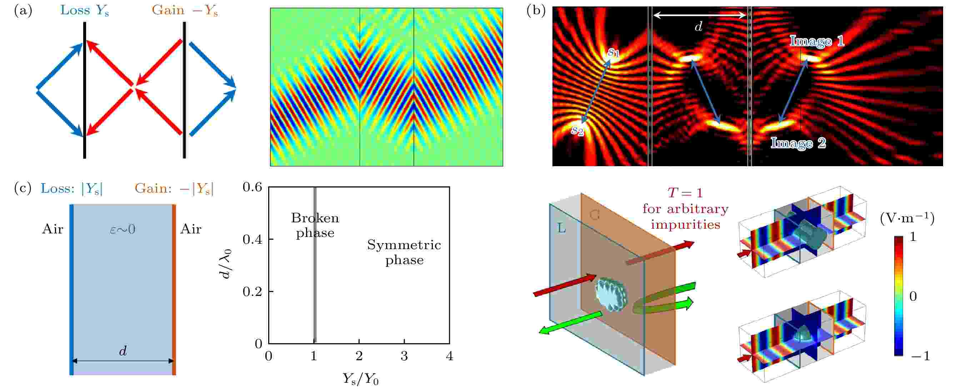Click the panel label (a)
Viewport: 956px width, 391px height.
pyautogui.click(x=23, y=10)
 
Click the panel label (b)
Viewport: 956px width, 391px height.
pyautogui.click(x=536, y=10)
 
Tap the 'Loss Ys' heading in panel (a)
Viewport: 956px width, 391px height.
pyautogui.click(x=85, y=10)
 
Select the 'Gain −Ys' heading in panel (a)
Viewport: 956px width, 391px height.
pyautogui.click(x=184, y=10)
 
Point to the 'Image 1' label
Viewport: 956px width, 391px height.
pyautogui.click(x=817, y=41)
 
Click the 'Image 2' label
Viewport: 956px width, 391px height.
pyautogui.click(x=798, y=143)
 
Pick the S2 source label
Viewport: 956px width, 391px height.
pyautogui.click(x=577, y=130)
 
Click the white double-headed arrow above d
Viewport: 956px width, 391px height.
pyautogui.click(x=699, y=15)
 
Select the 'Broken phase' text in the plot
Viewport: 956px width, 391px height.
pyautogui.click(x=315, y=225)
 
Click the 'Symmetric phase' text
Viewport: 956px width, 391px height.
pyautogui.click(x=404, y=252)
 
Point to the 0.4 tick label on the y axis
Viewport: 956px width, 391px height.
pyautogui.click(x=252, y=239)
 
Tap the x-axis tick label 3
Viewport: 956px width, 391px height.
pyautogui.click(x=404, y=356)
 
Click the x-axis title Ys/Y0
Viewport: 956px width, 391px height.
pyautogui.click(x=360, y=379)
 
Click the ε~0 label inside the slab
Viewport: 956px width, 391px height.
pyautogui.click(x=122, y=229)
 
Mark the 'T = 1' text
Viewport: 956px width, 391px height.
pyautogui.click(x=685, y=193)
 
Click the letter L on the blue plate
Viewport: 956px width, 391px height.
pyautogui.click(x=561, y=228)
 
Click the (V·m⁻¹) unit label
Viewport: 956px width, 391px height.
pyautogui.click(x=907, y=218)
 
